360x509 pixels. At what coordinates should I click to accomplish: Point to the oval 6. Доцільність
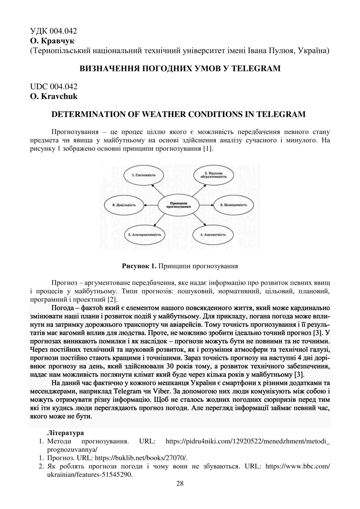(x=124, y=204)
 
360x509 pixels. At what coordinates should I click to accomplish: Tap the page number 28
(x=180, y=483)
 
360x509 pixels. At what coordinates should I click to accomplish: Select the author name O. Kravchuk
(x=54, y=97)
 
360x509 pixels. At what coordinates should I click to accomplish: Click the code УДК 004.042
(x=54, y=32)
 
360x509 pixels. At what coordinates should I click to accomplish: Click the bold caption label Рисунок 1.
(x=140, y=266)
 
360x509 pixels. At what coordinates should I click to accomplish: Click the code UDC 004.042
(x=54, y=87)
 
